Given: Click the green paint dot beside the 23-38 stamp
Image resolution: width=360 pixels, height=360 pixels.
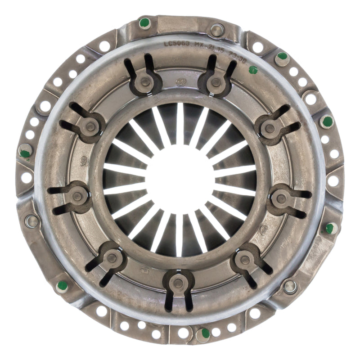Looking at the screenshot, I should point(253,70).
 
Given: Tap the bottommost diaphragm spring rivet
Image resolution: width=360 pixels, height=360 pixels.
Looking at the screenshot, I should point(179,283).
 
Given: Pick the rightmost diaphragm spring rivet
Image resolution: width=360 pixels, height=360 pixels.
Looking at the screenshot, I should point(282,198).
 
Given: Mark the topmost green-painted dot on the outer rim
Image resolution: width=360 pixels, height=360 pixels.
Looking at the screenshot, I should point(144,22).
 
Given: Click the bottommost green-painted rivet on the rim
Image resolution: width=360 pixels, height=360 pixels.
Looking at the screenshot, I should point(205,333).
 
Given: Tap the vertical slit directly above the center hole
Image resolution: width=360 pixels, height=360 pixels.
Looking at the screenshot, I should point(180,124).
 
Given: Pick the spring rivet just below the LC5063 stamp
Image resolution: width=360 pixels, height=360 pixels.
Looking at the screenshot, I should point(145,82).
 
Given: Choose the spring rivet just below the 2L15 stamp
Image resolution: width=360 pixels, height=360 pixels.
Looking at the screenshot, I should point(216,82).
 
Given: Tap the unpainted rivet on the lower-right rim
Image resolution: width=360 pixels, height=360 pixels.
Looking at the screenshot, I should point(290,285).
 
